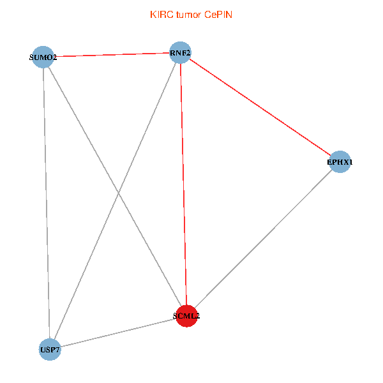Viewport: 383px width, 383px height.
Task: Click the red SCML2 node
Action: tap(186, 315)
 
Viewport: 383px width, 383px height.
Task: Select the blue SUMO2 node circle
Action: tap(43, 57)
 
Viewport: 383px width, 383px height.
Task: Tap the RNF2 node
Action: tap(180, 52)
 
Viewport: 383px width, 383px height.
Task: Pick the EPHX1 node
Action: tap(340, 162)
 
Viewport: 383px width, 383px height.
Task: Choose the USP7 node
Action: tap(50, 350)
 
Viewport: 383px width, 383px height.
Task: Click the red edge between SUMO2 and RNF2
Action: tap(112, 55)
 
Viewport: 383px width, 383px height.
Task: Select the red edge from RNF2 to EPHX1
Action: tap(260, 107)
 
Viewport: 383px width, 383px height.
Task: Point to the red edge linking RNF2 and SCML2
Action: tap(183, 185)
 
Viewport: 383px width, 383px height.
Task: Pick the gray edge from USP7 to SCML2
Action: tap(118, 333)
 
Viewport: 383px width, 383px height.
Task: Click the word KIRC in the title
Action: tap(160, 14)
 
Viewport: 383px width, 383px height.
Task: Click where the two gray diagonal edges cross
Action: tap(119, 192)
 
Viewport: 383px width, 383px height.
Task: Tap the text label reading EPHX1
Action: tap(340, 163)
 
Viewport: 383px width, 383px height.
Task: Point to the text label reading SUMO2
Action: tap(43, 57)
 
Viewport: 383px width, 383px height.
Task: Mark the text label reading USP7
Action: tap(50, 350)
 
